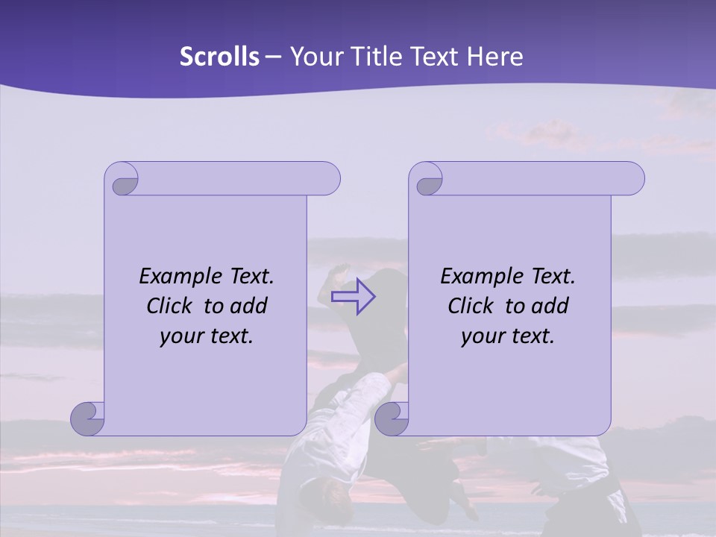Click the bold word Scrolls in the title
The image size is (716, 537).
(219, 57)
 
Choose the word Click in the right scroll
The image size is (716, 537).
(469, 306)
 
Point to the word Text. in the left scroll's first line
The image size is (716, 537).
(248, 277)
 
